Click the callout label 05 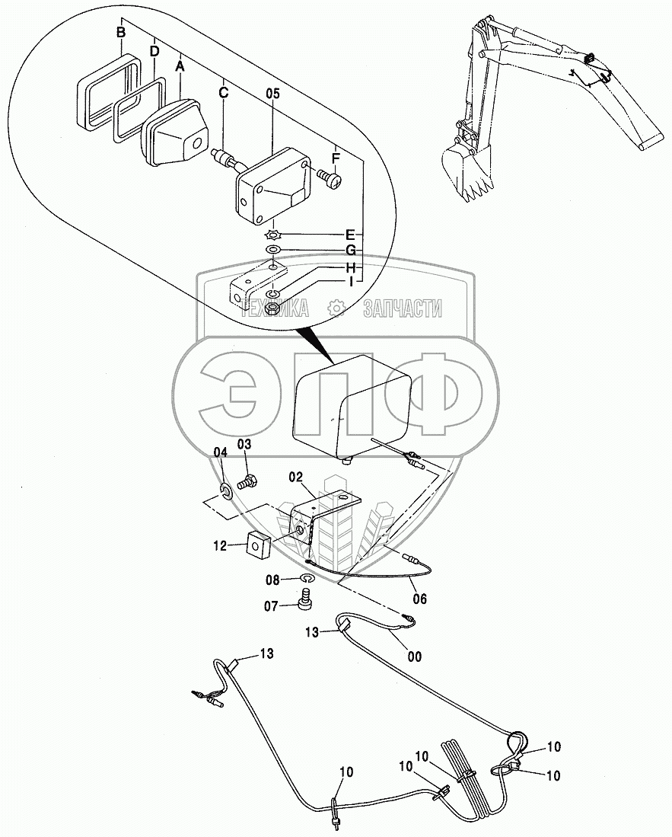click(x=273, y=94)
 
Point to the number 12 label click(x=220, y=545)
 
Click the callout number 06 click(x=420, y=599)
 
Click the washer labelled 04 click(x=226, y=488)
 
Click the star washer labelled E click(x=272, y=235)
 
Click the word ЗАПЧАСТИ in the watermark click(x=403, y=308)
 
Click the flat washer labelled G click(x=272, y=251)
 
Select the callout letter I click(x=350, y=283)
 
